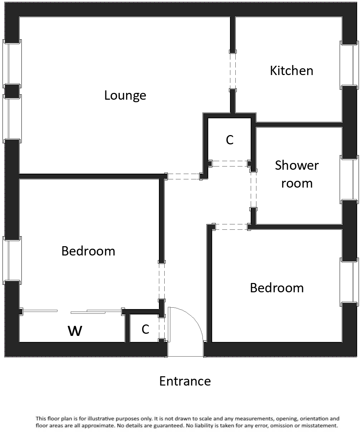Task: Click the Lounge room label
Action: [125, 95]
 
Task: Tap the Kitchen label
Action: [291, 70]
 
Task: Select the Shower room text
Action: [297, 174]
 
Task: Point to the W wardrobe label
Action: [75, 331]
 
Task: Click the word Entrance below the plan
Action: [185, 381]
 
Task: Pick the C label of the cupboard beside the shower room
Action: [230, 140]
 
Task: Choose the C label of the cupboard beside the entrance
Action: [145, 329]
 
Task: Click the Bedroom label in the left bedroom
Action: [88, 251]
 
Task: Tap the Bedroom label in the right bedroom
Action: [277, 288]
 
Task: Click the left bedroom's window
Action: [12, 258]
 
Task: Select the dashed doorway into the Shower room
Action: [254, 190]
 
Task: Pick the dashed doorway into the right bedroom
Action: [231, 227]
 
